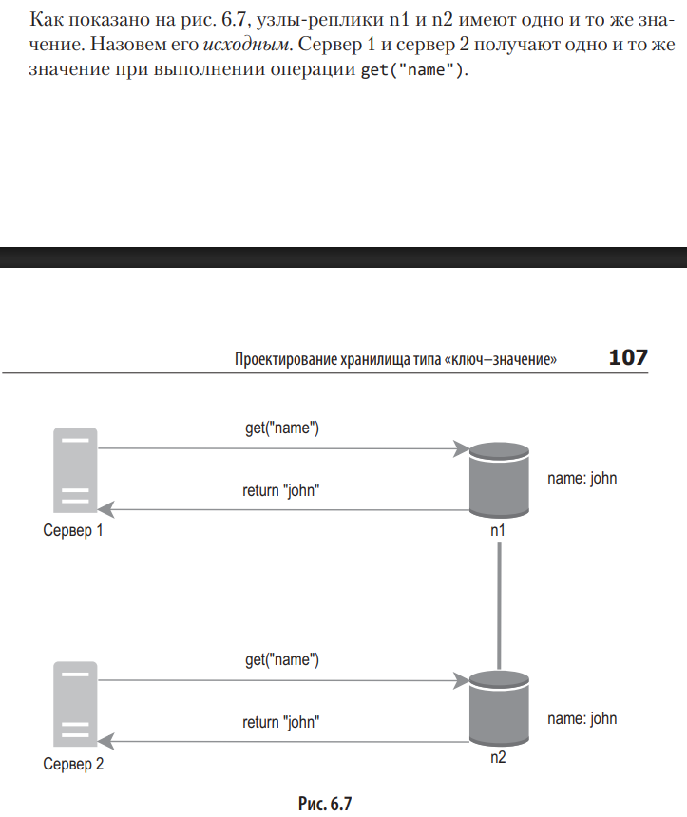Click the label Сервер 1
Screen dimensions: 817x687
73,531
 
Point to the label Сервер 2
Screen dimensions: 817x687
73,763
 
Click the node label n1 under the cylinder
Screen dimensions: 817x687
498,529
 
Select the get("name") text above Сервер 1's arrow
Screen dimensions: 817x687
282,428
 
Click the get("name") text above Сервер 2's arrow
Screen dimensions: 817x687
282,660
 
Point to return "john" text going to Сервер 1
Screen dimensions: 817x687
280,491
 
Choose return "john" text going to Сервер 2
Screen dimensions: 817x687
280,722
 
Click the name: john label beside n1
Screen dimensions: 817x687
582,478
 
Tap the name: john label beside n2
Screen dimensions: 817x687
582,718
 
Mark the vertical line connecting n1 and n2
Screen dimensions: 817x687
499,608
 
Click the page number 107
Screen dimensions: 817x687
627,357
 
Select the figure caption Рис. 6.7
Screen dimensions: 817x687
325,804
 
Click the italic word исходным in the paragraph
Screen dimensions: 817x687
245,46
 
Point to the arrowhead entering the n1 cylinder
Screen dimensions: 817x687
464,447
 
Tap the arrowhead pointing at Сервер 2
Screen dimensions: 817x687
105,741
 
